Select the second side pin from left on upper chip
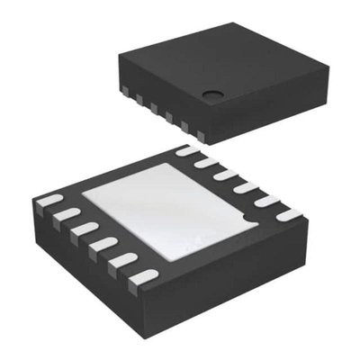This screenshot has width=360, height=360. click(140, 99)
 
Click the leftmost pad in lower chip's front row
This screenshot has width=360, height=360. click(50, 200)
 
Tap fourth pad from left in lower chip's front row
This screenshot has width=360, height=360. click(103, 243)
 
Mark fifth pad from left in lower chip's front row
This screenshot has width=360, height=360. click(122, 259)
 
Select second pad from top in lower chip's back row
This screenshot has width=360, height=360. click(206, 162)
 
